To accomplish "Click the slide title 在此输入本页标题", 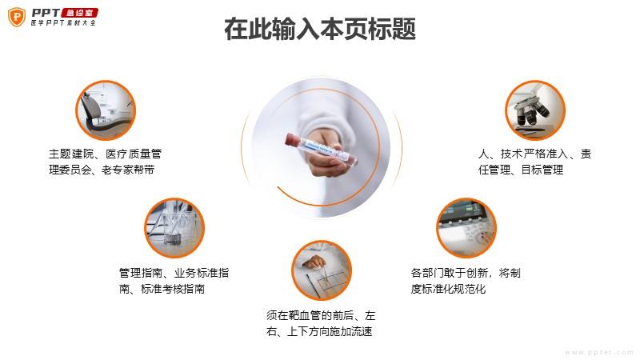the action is [320, 29].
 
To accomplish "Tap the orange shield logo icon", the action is [17, 17].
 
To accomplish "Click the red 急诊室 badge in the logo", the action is [79, 13].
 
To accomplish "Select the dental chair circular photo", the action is [106, 110].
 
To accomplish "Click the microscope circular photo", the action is [535, 110].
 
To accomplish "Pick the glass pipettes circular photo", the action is [174, 228].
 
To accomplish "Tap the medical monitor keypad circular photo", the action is [466, 228].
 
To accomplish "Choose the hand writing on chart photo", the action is [322, 270].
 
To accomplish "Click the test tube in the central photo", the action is [322, 149].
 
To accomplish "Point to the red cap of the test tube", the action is [291, 138].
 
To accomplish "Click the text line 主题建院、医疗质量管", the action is [106, 154].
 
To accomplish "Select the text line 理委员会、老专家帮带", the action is [102, 170].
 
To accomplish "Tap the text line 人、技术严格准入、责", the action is [534, 154].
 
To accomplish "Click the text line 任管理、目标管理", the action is [521, 170].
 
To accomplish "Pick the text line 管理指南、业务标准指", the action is [174, 273].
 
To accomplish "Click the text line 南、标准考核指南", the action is [162, 289].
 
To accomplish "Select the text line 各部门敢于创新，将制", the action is [466, 273].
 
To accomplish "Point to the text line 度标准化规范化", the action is [448, 289].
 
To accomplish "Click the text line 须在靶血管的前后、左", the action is [321, 315].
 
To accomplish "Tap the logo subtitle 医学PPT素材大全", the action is [64, 23].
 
